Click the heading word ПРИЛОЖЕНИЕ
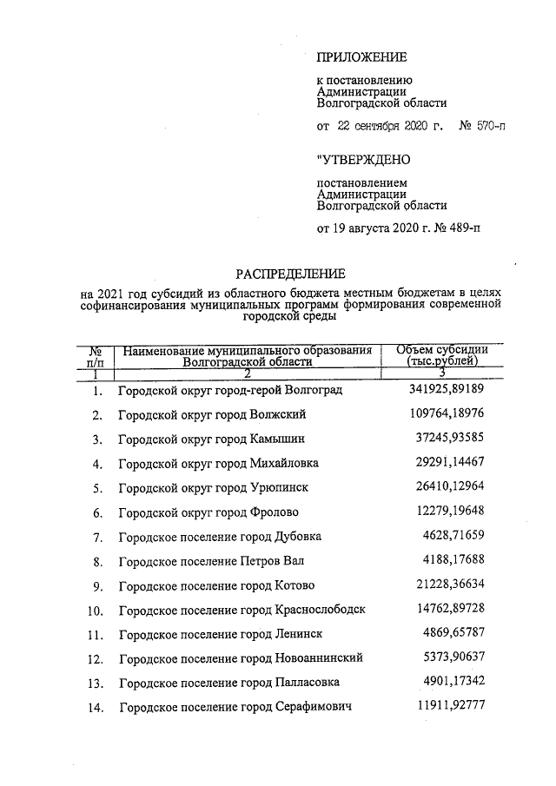(x=362, y=58)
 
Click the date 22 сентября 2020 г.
(x=391, y=127)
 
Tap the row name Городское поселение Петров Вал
(x=211, y=561)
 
